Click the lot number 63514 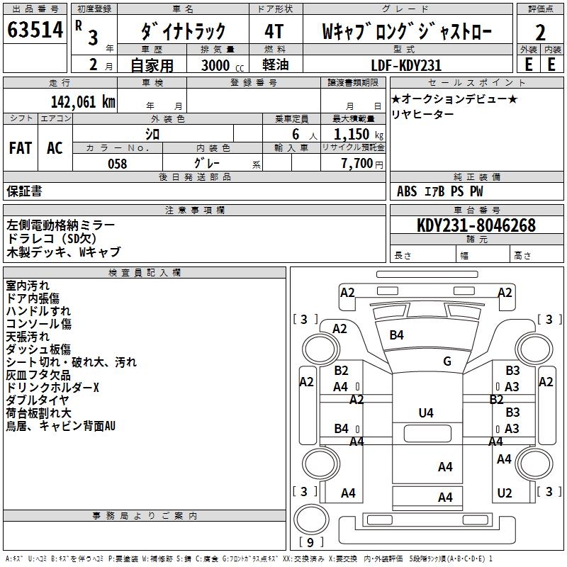pyautogui.click(x=35, y=30)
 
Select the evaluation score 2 pyautogui.click(x=540, y=33)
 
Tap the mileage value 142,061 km pyautogui.click(x=84, y=101)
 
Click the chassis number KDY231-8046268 pyautogui.click(x=476, y=225)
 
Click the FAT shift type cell pyautogui.click(x=21, y=147)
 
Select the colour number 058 pyautogui.click(x=117, y=164)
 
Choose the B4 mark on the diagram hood pyautogui.click(x=396, y=335)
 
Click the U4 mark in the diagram pyautogui.click(x=426, y=412)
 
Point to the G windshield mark pyautogui.click(x=447, y=361)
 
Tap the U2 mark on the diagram pyautogui.click(x=504, y=493)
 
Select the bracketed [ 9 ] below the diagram pyautogui.click(x=310, y=543)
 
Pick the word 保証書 pyautogui.click(x=24, y=191)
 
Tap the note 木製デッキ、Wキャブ pyautogui.click(x=64, y=252)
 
